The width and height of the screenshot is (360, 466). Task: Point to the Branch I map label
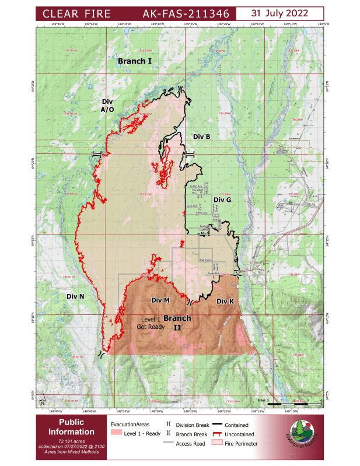(x=135, y=61)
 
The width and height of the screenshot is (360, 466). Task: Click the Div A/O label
(x=107, y=105)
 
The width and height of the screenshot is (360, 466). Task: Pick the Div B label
(x=201, y=136)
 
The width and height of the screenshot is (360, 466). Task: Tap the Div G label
(x=223, y=199)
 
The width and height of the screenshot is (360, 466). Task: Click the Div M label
(x=160, y=300)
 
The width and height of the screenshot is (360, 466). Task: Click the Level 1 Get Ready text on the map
(x=149, y=323)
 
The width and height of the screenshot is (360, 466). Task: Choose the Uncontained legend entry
(x=239, y=435)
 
